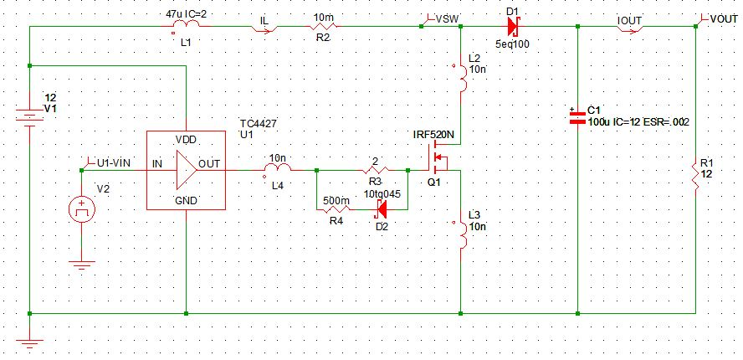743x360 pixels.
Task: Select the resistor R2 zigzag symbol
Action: tap(322, 28)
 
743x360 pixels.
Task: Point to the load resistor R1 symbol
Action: tap(695, 175)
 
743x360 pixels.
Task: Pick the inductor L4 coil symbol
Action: tap(277, 169)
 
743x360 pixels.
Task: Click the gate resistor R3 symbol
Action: tap(375, 169)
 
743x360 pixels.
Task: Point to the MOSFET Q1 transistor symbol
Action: tap(439, 159)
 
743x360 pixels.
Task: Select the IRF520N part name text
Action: tap(433, 134)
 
